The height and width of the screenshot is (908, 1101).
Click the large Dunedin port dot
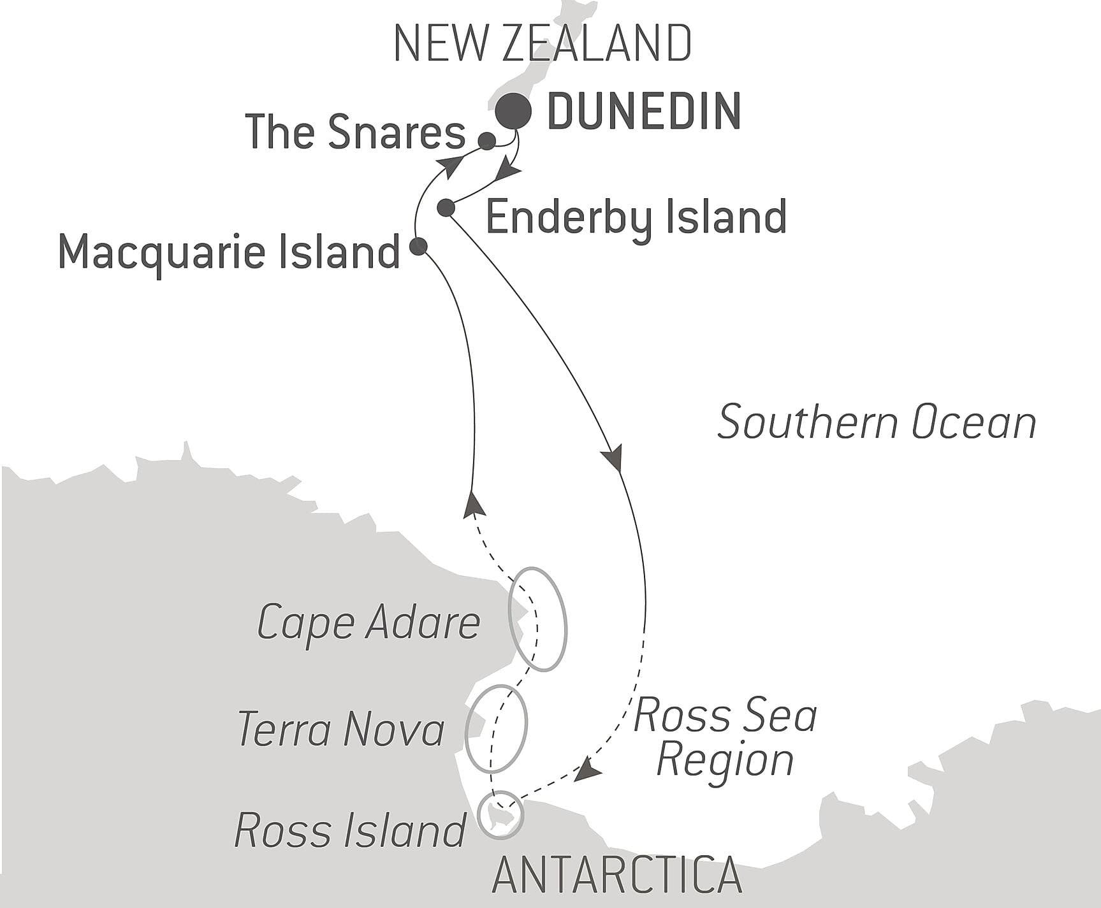point(513,112)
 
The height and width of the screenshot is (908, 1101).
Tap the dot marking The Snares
point(486,141)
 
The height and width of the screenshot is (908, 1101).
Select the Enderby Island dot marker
point(446,207)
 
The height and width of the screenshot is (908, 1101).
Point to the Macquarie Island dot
point(418,246)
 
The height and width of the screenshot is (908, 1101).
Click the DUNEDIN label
point(644,112)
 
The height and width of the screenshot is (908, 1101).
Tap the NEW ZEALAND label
point(543,43)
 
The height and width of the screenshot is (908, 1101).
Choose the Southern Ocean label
point(877,422)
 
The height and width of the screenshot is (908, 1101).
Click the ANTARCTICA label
point(616,876)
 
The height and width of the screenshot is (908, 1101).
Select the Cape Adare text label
point(368,623)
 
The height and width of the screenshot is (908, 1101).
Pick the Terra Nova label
point(341,729)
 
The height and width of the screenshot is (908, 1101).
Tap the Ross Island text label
point(350,830)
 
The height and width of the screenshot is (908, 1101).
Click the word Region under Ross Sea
point(725,760)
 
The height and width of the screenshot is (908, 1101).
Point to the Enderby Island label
point(636,217)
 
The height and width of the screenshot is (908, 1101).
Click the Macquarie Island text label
point(229,252)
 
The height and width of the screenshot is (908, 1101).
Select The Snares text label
point(355,133)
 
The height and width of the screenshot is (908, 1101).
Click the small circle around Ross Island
point(501,814)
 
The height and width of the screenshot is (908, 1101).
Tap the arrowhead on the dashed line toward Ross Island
point(587,772)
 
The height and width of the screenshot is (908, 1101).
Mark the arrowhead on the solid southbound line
point(613,459)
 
